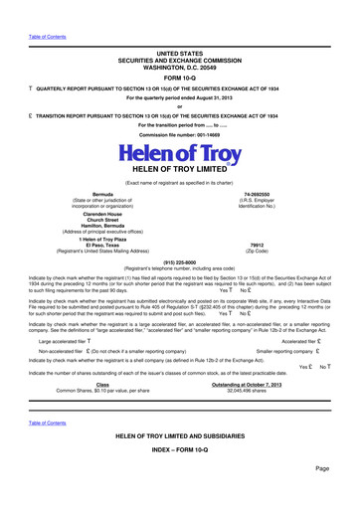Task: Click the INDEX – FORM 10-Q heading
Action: pyautogui.click(x=179, y=476)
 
